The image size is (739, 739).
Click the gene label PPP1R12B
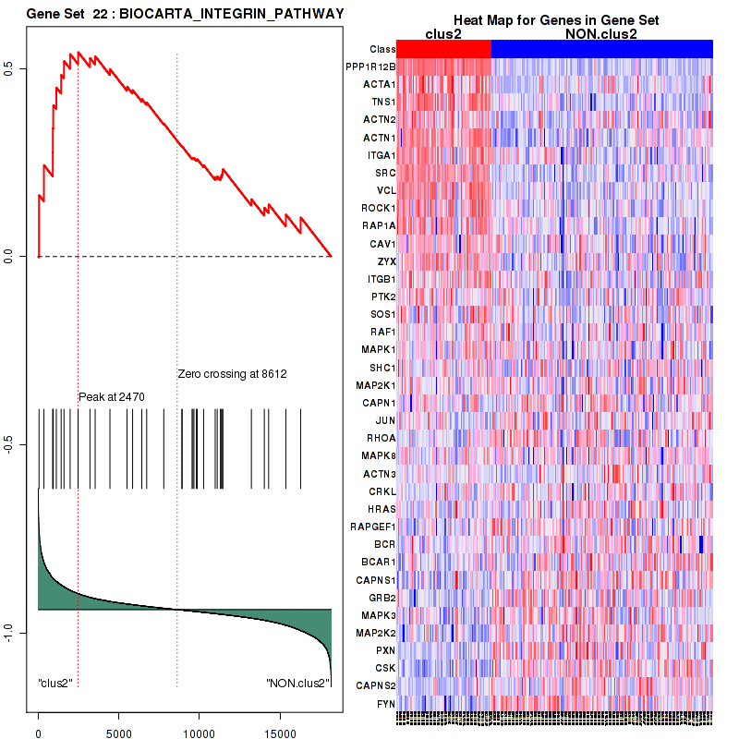[369, 67]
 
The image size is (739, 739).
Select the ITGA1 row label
[381, 155]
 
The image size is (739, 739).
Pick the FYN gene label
[384, 704]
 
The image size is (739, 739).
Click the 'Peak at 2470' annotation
[112, 396]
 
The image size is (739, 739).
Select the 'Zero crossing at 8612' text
[232, 374]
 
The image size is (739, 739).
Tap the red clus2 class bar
[443, 49]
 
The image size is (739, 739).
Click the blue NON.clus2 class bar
[601, 49]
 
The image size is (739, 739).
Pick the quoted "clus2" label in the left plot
[55, 684]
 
